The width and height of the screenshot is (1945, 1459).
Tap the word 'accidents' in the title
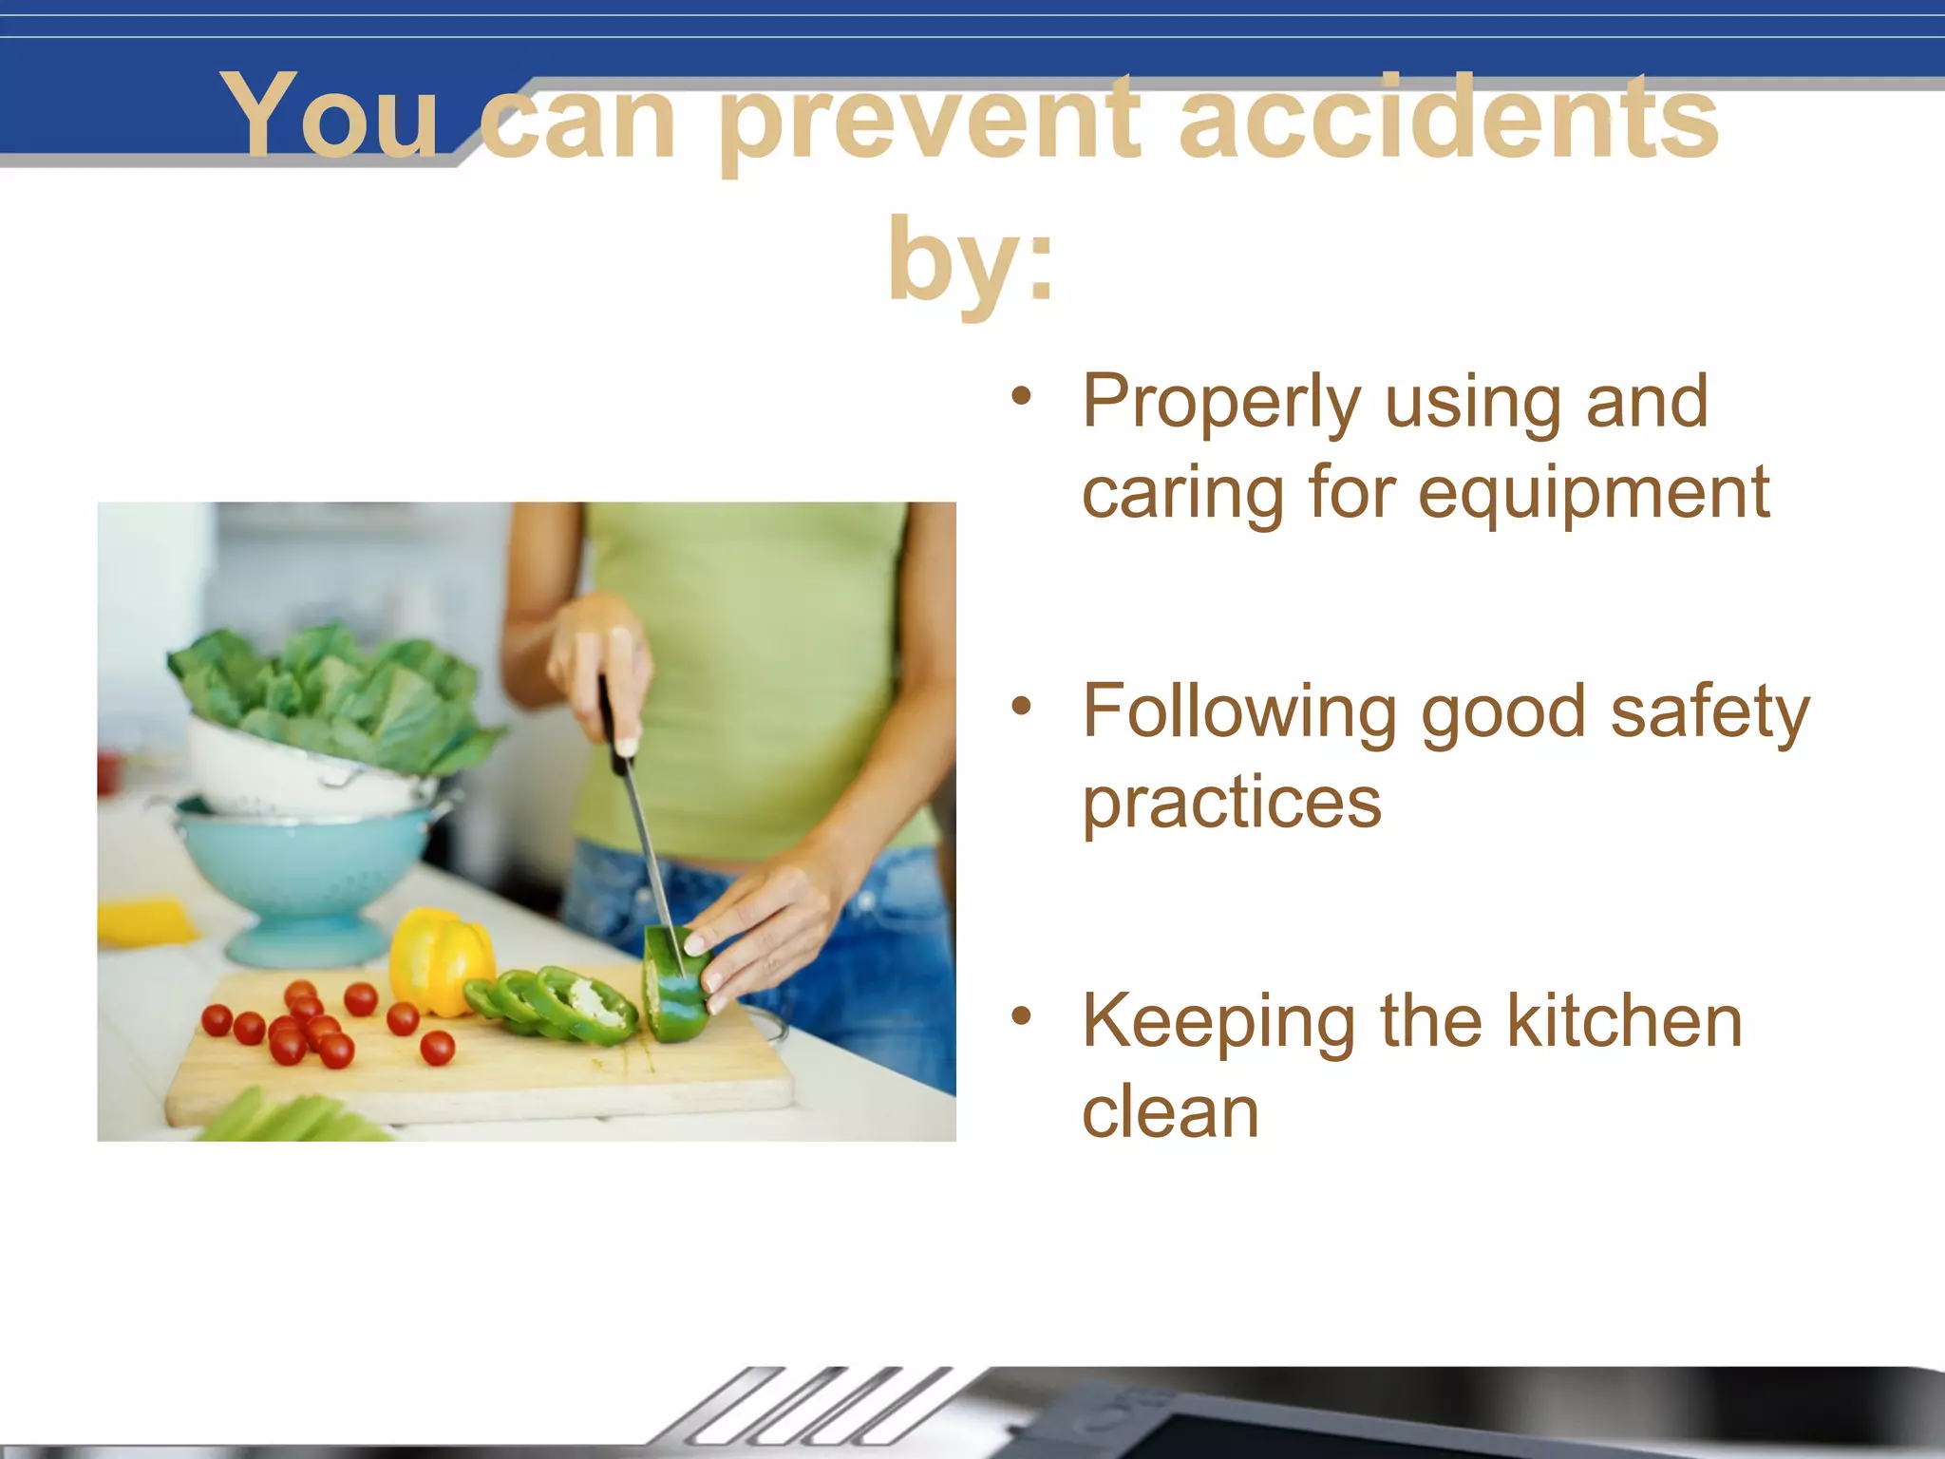pos(1448,118)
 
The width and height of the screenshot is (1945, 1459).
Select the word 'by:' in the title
pos(971,258)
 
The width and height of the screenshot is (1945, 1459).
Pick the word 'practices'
pos(1232,804)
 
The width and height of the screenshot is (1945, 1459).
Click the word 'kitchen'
pos(1624,1022)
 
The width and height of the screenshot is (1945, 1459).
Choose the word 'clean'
pos(1170,1113)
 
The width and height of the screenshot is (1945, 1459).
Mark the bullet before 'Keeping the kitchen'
pos(1021,1016)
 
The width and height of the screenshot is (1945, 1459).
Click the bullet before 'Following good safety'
pos(1021,706)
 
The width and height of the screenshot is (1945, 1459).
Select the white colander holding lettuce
pos(285,769)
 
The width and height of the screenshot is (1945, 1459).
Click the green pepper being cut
pos(676,988)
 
